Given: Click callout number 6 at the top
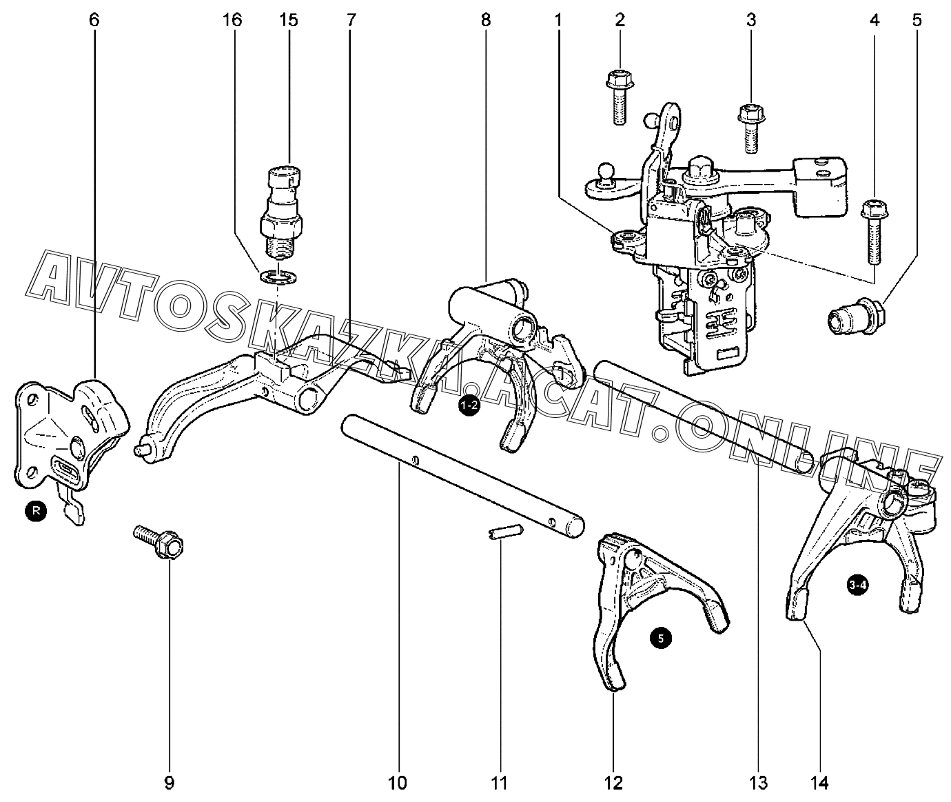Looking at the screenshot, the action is [94, 21].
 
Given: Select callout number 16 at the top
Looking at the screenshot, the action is [232, 21].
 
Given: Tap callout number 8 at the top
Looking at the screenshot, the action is [486, 21].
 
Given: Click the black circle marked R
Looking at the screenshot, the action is [36, 511].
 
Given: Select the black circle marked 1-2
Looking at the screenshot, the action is [469, 405].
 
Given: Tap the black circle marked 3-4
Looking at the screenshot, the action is [858, 585].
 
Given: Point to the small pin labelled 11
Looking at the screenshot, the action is [506, 532].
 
